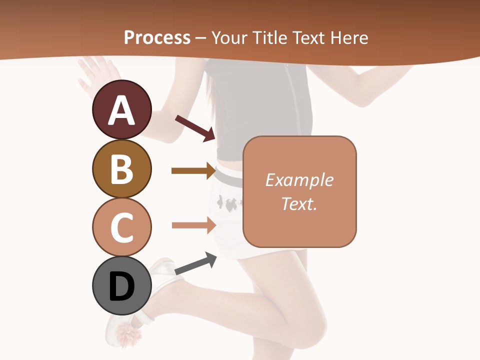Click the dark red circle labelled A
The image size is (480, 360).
[x=121, y=109]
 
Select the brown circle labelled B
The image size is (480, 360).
[x=121, y=168]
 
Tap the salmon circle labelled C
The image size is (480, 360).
[x=121, y=227]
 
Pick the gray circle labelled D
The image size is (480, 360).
[x=121, y=286]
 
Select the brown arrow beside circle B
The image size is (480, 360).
[x=193, y=171]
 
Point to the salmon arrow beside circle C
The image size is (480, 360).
[x=193, y=225]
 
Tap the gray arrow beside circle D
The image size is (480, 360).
[x=195, y=264]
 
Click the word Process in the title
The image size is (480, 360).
[x=157, y=37]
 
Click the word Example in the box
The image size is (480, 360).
[x=299, y=180]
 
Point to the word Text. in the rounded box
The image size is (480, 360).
[x=299, y=203]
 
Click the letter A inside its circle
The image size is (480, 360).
[x=121, y=110]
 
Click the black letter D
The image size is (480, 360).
[x=121, y=287]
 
